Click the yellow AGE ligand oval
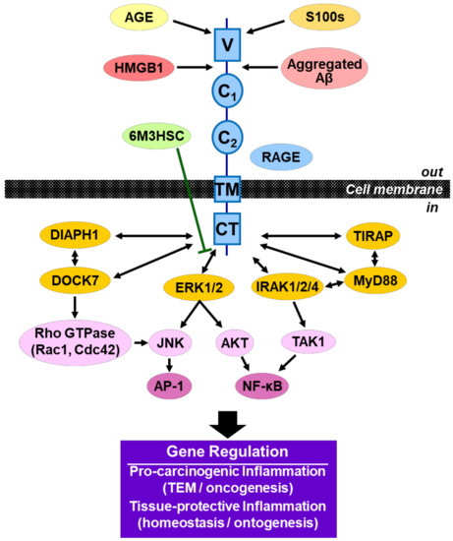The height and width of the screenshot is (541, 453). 140,18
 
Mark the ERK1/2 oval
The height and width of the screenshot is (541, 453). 197,286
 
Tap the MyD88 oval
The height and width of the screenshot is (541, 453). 381,283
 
